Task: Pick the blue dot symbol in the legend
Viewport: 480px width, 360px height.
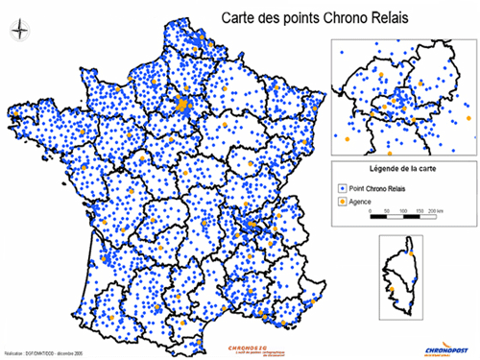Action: [x=341, y=190]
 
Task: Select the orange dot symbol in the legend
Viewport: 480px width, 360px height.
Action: [x=341, y=203]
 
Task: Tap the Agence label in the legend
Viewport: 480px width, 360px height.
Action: [x=360, y=203]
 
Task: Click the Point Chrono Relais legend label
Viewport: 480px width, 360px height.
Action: [x=377, y=190]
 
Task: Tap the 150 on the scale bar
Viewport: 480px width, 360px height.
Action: [x=422, y=209]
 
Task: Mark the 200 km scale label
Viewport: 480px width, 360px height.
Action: [x=443, y=209]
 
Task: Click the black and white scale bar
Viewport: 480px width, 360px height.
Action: [x=404, y=218]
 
